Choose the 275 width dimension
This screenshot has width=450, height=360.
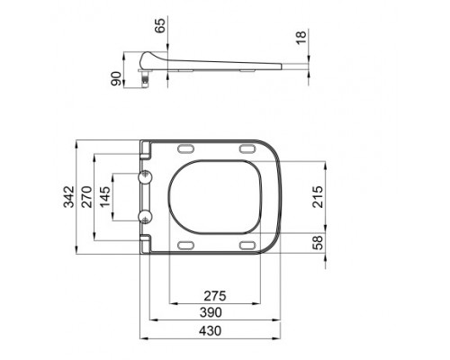click(215, 294)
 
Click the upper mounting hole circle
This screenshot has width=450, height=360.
click(146, 177)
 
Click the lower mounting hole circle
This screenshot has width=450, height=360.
click(146, 216)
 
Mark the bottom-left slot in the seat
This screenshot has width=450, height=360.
click(187, 245)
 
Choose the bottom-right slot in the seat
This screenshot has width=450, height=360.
click(246, 245)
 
